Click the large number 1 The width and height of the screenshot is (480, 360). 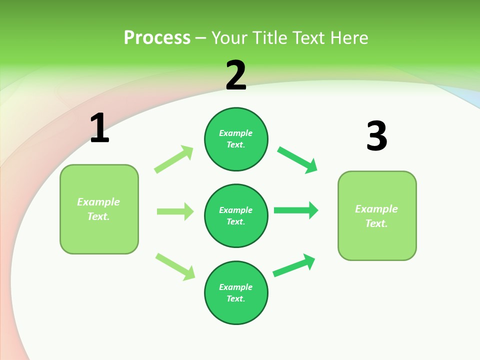[x=99, y=128]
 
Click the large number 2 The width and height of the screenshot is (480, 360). [x=236, y=75]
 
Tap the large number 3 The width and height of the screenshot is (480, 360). [x=376, y=136]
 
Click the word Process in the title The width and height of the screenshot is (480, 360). [x=157, y=37]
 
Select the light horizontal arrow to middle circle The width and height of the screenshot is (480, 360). [x=175, y=211]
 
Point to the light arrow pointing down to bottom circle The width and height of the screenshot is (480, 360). [x=175, y=266]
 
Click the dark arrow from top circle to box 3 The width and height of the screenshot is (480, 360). [x=297, y=160]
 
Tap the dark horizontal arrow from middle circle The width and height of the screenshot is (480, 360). [x=296, y=210]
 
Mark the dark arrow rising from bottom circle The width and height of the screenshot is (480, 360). [x=294, y=265]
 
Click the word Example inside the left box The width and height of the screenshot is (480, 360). [x=98, y=202]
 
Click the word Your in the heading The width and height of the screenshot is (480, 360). [x=230, y=37]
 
